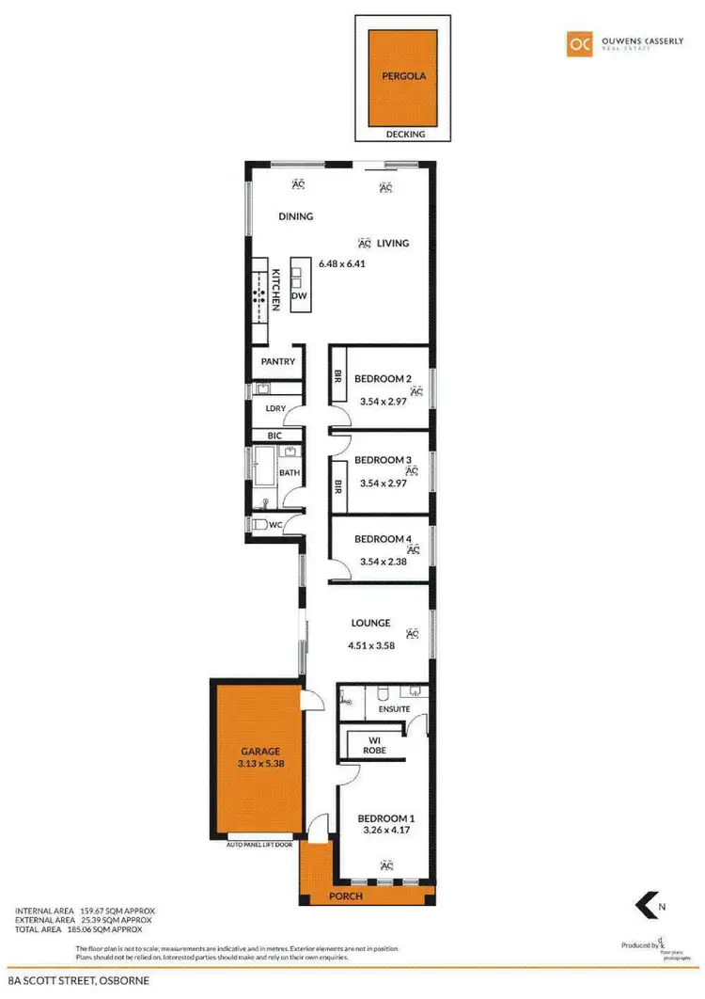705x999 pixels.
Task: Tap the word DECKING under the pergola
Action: [x=406, y=135]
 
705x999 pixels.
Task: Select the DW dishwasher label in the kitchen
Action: [x=299, y=295]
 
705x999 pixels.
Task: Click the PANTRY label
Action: [x=279, y=361]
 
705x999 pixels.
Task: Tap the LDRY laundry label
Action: [x=274, y=409]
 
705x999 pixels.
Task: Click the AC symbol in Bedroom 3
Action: [x=412, y=470]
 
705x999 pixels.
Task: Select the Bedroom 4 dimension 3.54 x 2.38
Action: [x=384, y=563]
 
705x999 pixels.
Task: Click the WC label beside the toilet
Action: [x=275, y=525]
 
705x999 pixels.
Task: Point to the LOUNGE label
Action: [x=370, y=623]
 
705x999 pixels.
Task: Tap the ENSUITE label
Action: [x=394, y=708]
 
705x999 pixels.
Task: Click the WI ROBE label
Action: [x=374, y=745]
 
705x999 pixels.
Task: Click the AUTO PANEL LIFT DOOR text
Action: [x=259, y=845]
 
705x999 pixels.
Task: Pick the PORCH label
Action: [x=346, y=896]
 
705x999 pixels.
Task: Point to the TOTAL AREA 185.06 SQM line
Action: [x=85, y=928]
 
